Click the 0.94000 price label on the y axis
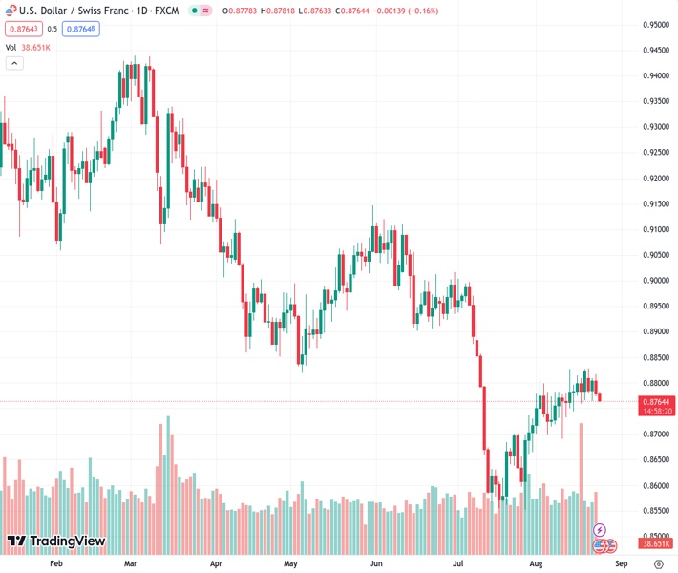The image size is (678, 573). (656, 75)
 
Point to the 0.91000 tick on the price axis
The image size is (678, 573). (656, 229)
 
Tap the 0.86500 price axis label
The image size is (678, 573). (656, 459)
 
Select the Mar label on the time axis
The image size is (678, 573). (132, 564)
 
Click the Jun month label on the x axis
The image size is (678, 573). (375, 564)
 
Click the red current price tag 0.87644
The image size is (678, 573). (656, 401)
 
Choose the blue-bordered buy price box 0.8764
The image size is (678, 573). (82, 29)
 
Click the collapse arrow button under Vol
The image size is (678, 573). (14, 63)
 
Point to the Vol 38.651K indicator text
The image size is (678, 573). (28, 47)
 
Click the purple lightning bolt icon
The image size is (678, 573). (600, 530)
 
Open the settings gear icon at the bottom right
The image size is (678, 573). (658, 564)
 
